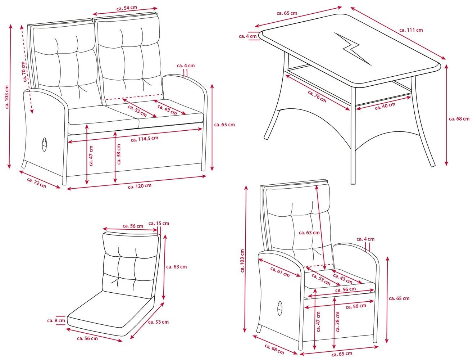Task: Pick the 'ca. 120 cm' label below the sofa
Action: [140, 186]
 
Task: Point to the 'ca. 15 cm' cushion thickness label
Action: [159, 223]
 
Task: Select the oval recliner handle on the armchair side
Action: [280, 309]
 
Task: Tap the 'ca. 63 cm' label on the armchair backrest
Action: [309, 233]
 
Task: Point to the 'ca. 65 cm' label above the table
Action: [287, 13]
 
